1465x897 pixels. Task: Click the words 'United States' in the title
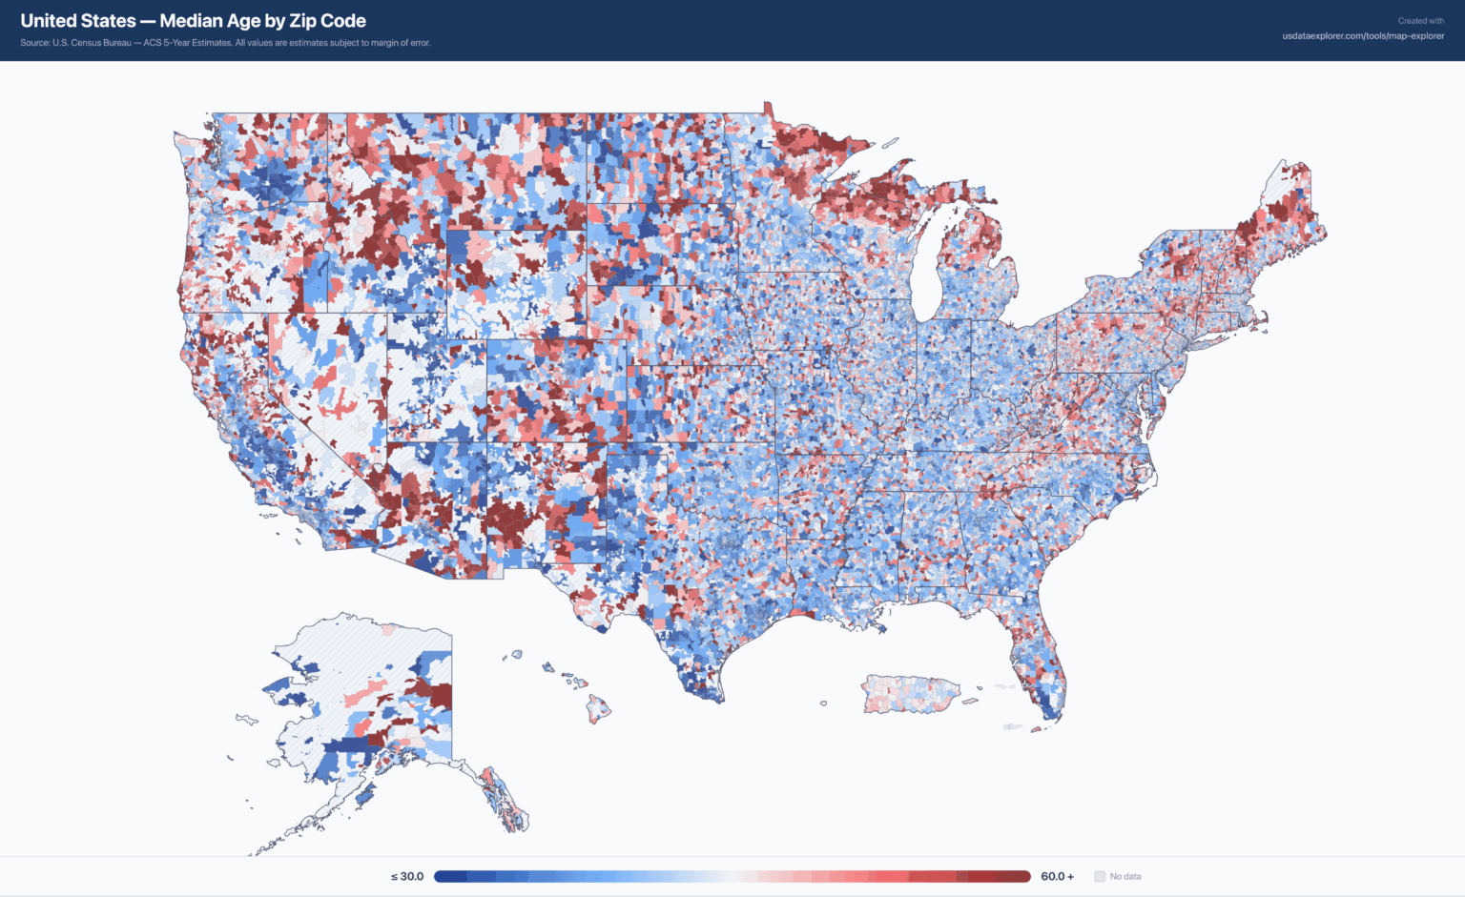[78, 21]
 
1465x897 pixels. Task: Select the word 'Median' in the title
[191, 21]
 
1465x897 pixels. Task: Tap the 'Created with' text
[1420, 21]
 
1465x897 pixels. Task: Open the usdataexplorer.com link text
[1363, 36]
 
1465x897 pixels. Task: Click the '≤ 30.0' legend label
[407, 876]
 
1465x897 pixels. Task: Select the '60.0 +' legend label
[1057, 876]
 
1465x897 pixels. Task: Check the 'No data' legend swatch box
[1100, 876]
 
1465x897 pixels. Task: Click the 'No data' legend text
[1125, 876]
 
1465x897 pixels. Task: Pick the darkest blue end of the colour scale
[442, 876]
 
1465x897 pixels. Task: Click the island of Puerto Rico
[910, 695]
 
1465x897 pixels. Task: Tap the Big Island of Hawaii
[598, 709]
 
